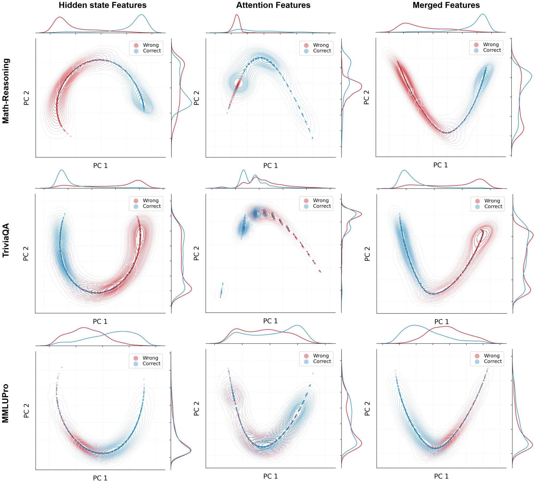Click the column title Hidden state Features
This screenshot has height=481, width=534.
click(x=103, y=5)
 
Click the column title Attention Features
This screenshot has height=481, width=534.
click(x=273, y=5)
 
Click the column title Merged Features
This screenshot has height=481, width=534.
click(x=446, y=5)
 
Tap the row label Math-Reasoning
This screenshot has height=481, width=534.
click(x=6, y=91)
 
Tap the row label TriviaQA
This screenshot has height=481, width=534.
click(x=6, y=240)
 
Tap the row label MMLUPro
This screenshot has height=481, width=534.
click(x=6, y=403)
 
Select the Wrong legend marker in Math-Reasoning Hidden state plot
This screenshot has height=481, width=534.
click(x=136, y=45)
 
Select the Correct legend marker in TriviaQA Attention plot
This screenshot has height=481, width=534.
click(x=306, y=206)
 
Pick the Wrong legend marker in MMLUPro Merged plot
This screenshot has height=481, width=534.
click(x=477, y=356)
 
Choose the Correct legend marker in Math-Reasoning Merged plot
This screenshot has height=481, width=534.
click(x=476, y=50)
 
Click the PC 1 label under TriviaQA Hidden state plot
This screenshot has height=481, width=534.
click(x=100, y=321)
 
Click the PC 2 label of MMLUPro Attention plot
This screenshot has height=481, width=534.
click(x=197, y=408)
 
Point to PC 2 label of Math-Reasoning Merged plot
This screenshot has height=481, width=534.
click(x=367, y=97)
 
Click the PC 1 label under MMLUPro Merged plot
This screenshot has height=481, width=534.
click(x=441, y=476)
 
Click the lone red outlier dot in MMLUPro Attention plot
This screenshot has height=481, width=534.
click(x=313, y=373)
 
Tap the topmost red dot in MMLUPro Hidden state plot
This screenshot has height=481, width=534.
click(x=62, y=367)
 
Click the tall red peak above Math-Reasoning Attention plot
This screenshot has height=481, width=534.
click(x=237, y=15)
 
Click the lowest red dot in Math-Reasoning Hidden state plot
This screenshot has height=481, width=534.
click(x=70, y=136)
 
